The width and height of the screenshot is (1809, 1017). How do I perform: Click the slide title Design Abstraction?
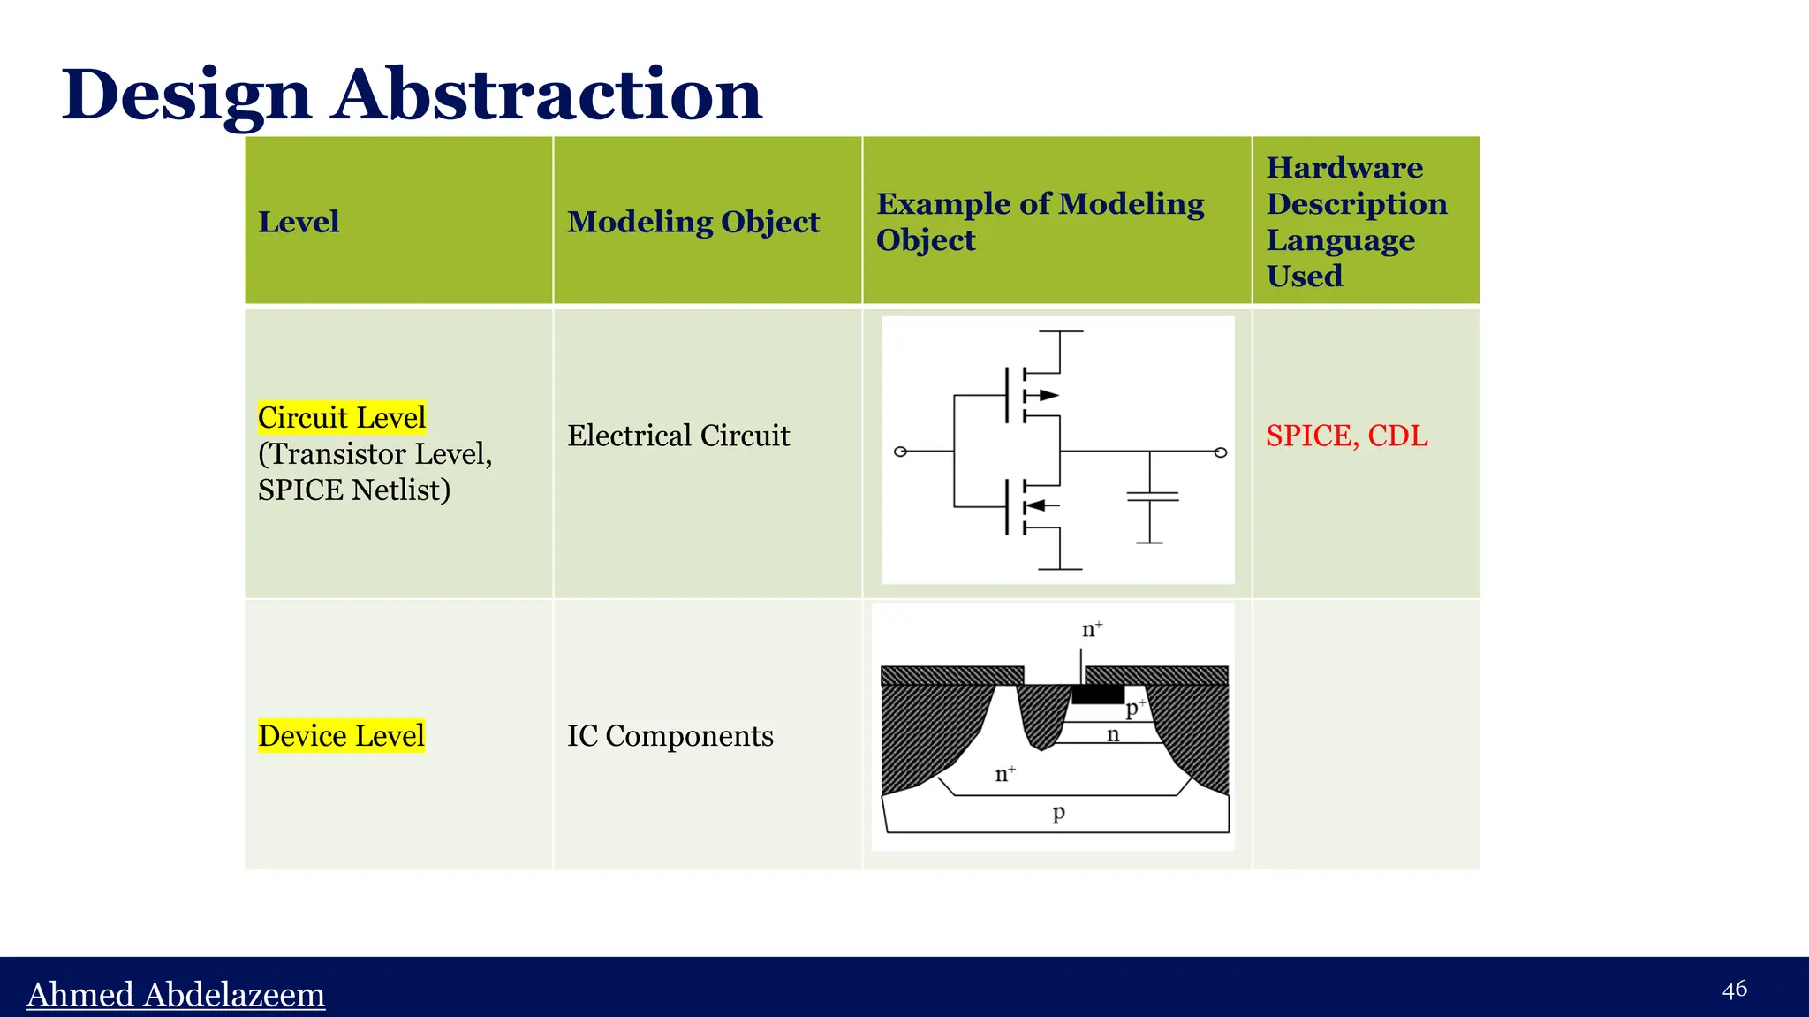click(412, 95)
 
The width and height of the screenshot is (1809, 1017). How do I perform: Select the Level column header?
click(299, 222)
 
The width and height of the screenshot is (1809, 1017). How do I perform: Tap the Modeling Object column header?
click(693, 222)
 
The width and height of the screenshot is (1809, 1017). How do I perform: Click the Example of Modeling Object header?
click(1040, 222)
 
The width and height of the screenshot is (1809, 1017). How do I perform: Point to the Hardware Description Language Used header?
click(1356, 222)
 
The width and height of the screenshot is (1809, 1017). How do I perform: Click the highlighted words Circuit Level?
click(342, 417)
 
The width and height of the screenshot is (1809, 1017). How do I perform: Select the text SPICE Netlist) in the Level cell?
click(354, 490)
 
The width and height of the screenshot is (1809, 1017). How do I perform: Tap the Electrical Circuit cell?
click(678, 436)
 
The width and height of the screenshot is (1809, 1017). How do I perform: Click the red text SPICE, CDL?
click(1346, 436)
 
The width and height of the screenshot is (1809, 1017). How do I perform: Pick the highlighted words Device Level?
click(342, 735)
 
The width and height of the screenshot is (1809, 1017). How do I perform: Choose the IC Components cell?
click(670, 735)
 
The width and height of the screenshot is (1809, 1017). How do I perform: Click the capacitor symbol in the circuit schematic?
click(1152, 497)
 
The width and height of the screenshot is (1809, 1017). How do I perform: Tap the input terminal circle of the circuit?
click(900, 452)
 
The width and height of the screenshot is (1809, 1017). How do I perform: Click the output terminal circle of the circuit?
click(1221, 452)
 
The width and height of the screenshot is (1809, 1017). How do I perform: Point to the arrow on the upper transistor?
click(1047, 395)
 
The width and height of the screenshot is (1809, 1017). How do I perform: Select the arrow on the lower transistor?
click(1036, 505)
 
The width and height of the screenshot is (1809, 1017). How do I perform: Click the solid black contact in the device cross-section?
click(1098, 694)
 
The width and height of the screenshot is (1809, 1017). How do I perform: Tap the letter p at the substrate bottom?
click(1058, 812)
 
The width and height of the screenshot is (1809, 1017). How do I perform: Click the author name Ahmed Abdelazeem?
click(176, 994)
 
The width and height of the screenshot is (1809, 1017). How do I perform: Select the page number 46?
click(1734, 989)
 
